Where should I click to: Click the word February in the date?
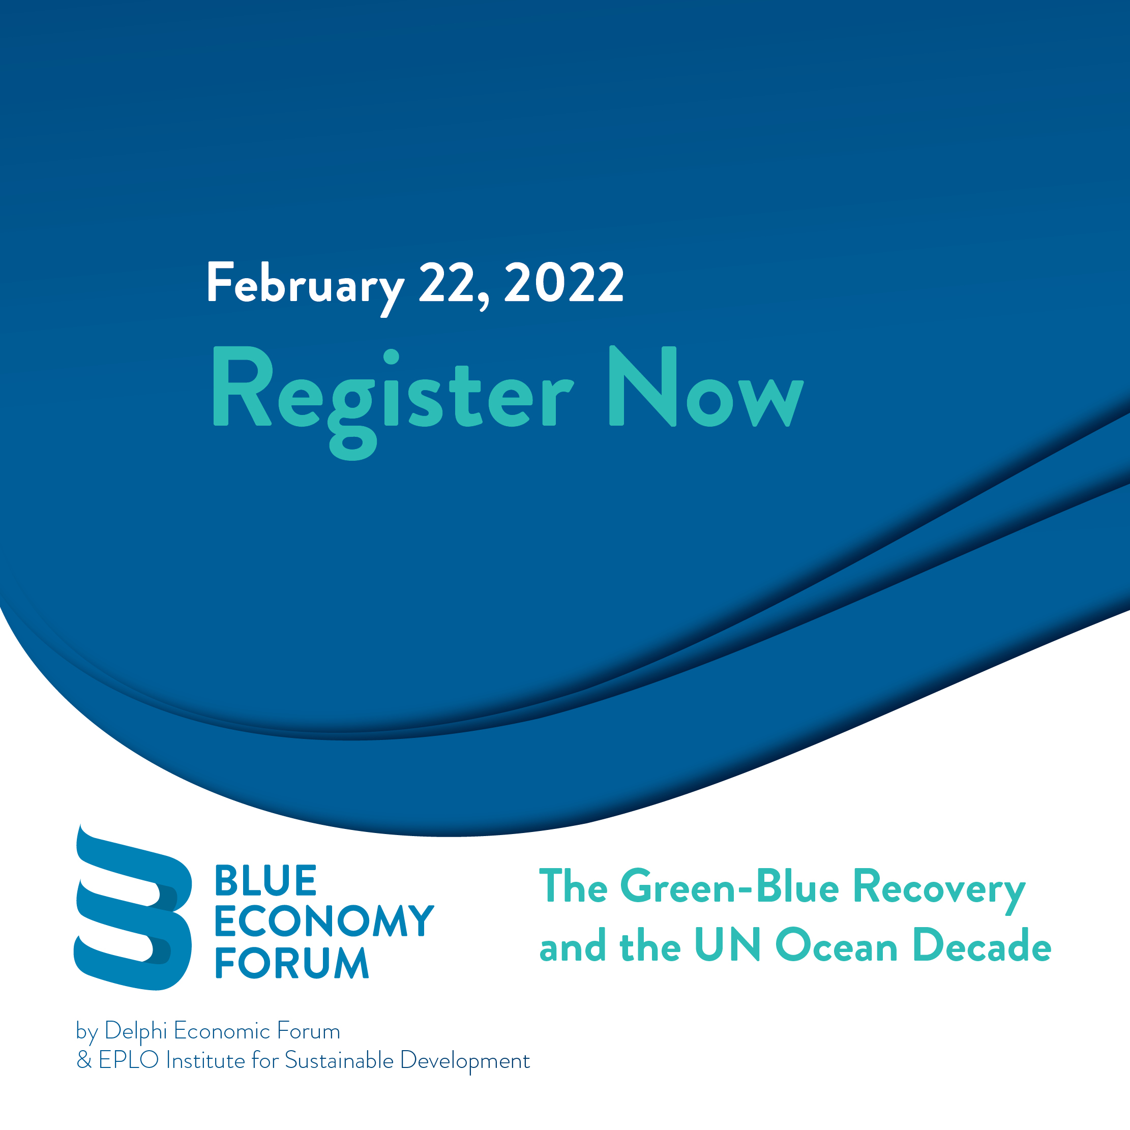pyautogui.click(x=305, y=287)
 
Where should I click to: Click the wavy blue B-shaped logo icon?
pyautogui.click(x=133, y=907)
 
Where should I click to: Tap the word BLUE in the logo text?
pyautogui.click(x=265, y=880)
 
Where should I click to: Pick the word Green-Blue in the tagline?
pyautogui.click(x=729, y=887)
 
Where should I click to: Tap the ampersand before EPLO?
pyautogui.click(x=84, y=1060)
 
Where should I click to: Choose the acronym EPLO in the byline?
pyautogui.click(x=129, y=1060)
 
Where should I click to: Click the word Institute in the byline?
pyautogui.click(x=205, y=1060)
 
